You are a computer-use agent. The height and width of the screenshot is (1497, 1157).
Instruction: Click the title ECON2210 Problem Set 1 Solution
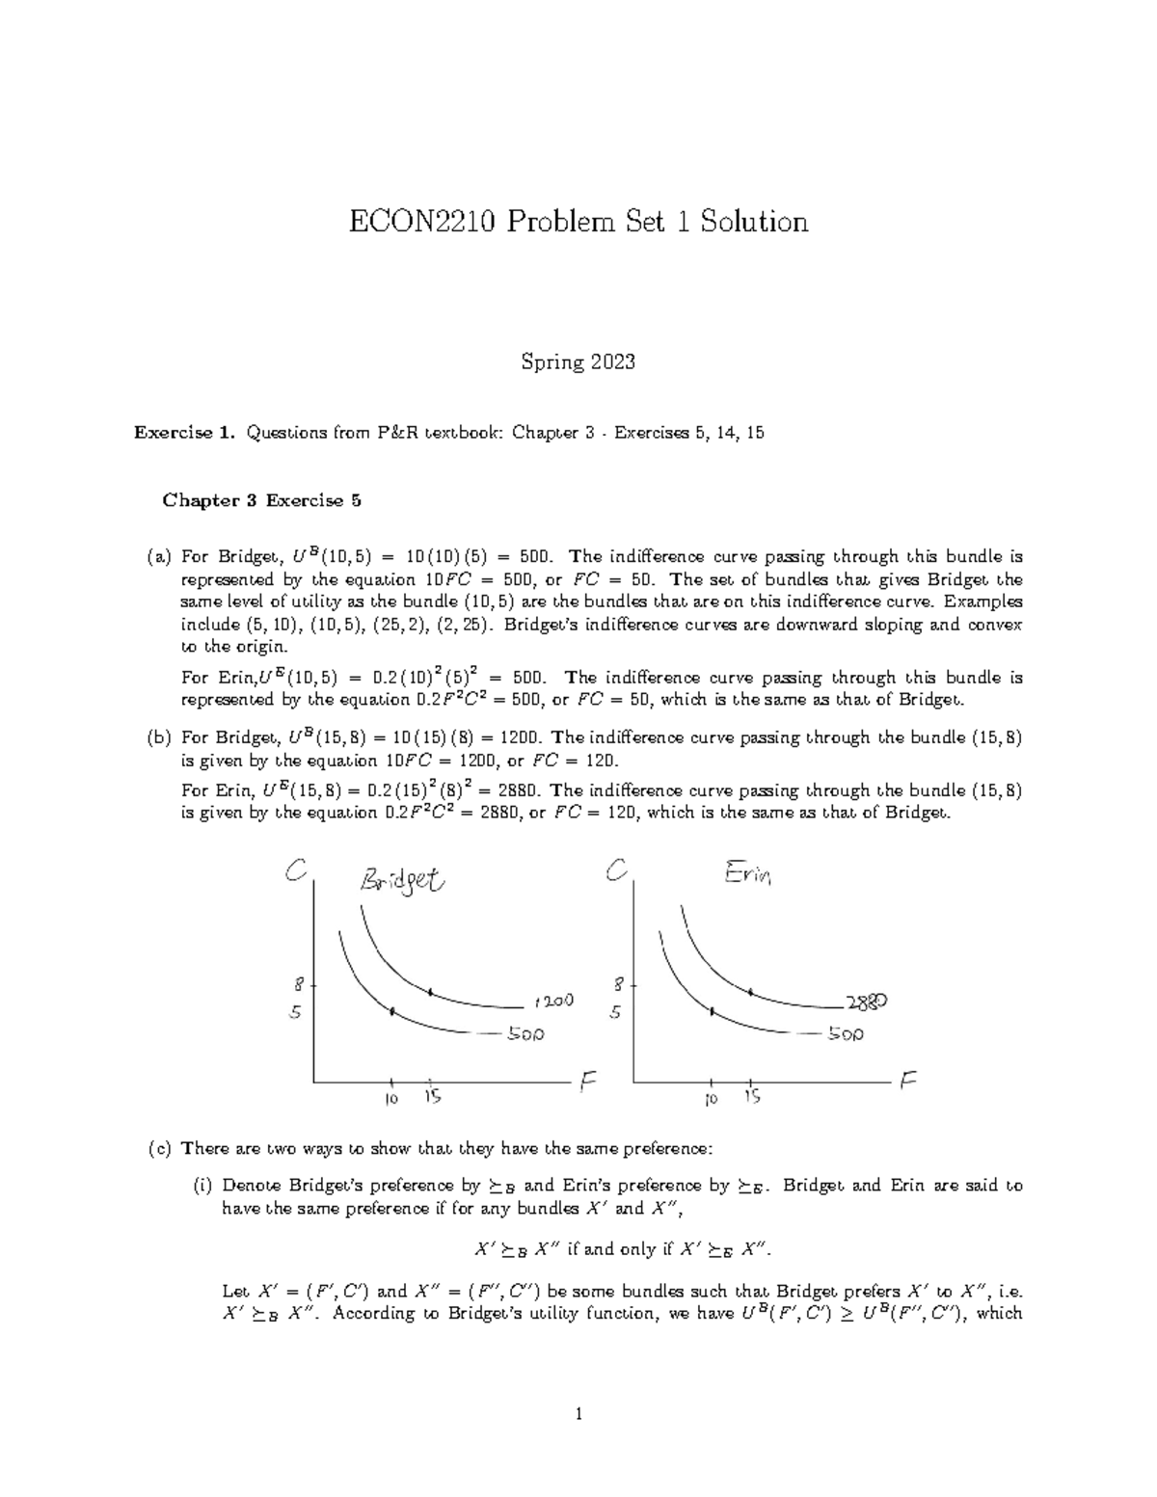[578, 222]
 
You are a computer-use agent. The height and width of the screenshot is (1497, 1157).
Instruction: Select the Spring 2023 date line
[578, 362]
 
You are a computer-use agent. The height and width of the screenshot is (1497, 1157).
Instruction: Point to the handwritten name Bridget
[402, 880]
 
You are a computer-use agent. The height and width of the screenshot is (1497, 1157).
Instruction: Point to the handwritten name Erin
[747, 874]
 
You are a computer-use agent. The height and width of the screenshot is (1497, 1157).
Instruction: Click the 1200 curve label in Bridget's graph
[552, 1001]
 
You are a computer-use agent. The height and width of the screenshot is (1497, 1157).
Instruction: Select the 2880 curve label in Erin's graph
[866, 1002]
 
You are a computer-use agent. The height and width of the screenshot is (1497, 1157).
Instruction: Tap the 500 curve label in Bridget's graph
[525, 1033]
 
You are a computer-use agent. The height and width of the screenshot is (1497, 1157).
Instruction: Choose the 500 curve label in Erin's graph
[845, 1033]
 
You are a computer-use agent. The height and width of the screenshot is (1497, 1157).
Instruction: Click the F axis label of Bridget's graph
[588, 1083]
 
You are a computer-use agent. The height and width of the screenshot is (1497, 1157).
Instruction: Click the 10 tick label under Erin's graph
[711, 1098]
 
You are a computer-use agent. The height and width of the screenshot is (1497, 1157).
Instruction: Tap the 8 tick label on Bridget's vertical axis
[299, 985]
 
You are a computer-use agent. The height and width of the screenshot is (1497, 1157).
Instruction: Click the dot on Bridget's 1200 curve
[430, 991]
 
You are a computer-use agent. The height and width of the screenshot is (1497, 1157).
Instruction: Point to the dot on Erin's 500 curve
[712, 1011]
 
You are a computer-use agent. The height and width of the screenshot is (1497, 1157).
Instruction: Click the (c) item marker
[159, 1148]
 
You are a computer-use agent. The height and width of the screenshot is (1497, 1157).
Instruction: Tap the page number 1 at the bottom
[578, 1415]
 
